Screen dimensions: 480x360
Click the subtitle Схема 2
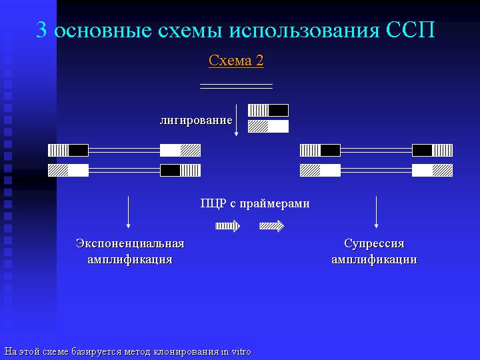[236, 61]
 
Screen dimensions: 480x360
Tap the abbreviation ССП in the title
[410, 30]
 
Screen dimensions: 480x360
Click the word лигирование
[196, 120]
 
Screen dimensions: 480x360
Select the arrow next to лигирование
[236, 120]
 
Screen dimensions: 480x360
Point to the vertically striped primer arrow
[227, 226]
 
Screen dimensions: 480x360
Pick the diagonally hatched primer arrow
[271, 226]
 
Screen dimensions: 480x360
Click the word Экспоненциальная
[130, 244]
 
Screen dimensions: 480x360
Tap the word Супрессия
[374, 244]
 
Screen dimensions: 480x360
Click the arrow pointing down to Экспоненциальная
[128, 212]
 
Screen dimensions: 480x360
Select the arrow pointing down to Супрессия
[376, 212]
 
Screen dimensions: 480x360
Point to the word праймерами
[274, 204]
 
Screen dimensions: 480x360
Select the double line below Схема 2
[236, 86]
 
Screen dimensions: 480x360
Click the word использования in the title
[304, 31]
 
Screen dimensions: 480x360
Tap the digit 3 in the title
[41, 30]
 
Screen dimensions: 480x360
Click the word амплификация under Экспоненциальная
[130, 259]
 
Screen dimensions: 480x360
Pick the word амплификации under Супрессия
[374, 259]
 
